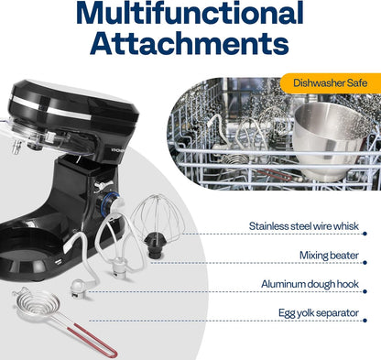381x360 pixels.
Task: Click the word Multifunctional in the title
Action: [190, 13]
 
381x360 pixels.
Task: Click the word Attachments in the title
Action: [190, 43]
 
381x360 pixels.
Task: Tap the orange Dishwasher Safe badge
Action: [331, 83]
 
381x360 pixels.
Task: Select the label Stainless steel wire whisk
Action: [304, 226]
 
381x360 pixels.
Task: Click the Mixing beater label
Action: [329, 256]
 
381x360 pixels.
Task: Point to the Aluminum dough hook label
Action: [310, 284]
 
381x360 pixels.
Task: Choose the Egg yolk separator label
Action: [319, 313]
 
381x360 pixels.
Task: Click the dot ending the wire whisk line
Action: [365, 234]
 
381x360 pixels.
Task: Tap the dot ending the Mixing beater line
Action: [365, 263]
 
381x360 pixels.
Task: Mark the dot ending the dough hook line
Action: [365, 291]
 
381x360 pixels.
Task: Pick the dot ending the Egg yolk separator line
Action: [365, 321]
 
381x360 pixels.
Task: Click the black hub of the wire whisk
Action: [154, 245]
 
